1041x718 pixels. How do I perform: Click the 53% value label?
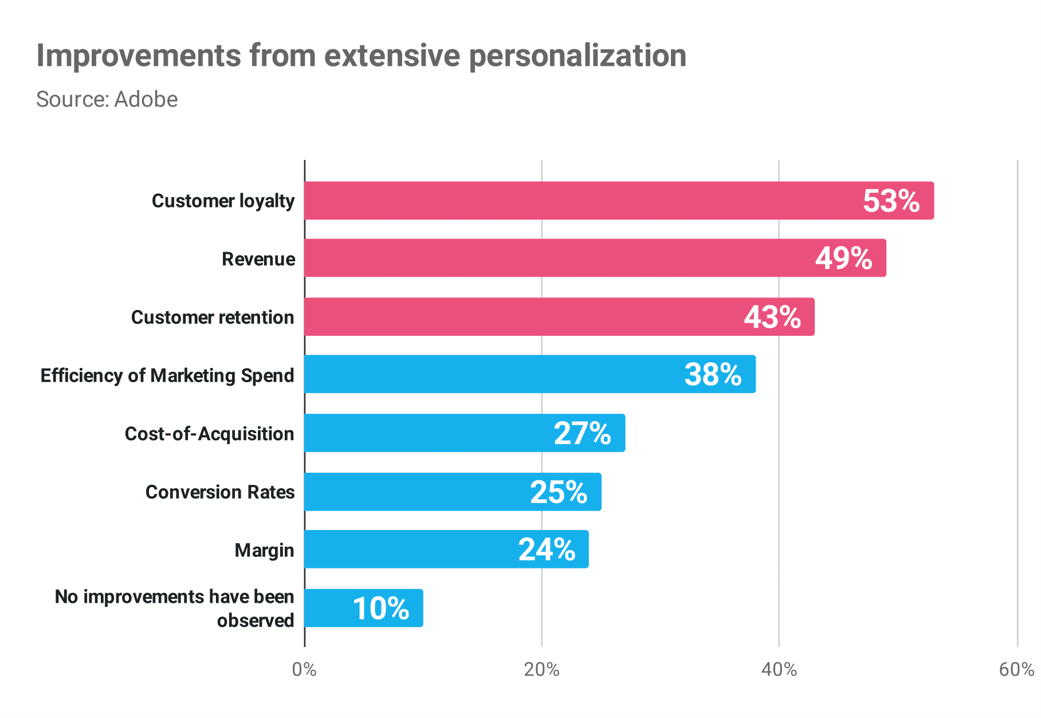pyautogui.click(x=891, y=201)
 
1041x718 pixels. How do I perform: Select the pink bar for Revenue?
pyautogui.click(x=573, y=258)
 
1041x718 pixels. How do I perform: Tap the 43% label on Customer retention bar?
pyautogui.click(x=772, y=317)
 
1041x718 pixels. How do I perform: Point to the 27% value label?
pyautogui.click(x=582, y=433)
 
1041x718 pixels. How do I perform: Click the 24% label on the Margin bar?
pyautogui.click(x=547, y=550)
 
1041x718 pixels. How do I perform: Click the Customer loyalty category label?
pyautogui.click(x=223, y=201)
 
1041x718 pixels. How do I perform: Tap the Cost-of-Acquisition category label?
pyautogui.click(x=209, y=434)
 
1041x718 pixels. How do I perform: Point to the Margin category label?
pyautogui.click(x=264, y=550)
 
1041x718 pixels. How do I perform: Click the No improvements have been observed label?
pyautogui.click(x=174, y=609)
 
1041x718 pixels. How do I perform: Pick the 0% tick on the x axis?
pyautogui.click(x=304, y=669)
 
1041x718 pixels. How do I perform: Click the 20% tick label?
pyautogui.click(x=541, y=669)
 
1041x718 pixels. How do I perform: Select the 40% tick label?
pyautogui.click(x=779, y=669)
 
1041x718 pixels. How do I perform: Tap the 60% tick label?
pyautogui.click(x=1016, y=669)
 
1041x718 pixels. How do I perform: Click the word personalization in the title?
pyautogui.click(x=578, y=56)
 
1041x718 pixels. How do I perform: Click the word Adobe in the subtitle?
pyautogui.click(x=146, y=99)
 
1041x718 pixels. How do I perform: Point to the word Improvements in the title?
pyautogui.click(x=139, y=56)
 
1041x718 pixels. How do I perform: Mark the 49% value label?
pyautogui.click(x=843, y=258)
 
